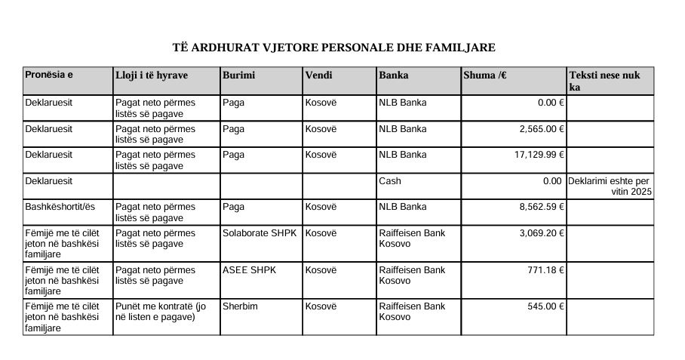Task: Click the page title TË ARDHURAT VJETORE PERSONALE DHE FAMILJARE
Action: [333, 48]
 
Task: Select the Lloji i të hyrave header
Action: [152, 75]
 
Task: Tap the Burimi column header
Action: [239, 75]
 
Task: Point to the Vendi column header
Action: [318, 75]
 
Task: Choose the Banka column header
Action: [394, 75]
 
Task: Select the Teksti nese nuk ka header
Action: [610, 81]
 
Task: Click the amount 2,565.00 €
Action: [542, 129]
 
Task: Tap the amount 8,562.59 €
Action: [542, 207]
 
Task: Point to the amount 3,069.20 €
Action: [542, 233]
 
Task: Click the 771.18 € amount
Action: [546, 270]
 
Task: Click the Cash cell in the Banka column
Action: [390, 181]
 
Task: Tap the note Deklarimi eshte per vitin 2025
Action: [610, 186]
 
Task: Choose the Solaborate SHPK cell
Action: [260, 233]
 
